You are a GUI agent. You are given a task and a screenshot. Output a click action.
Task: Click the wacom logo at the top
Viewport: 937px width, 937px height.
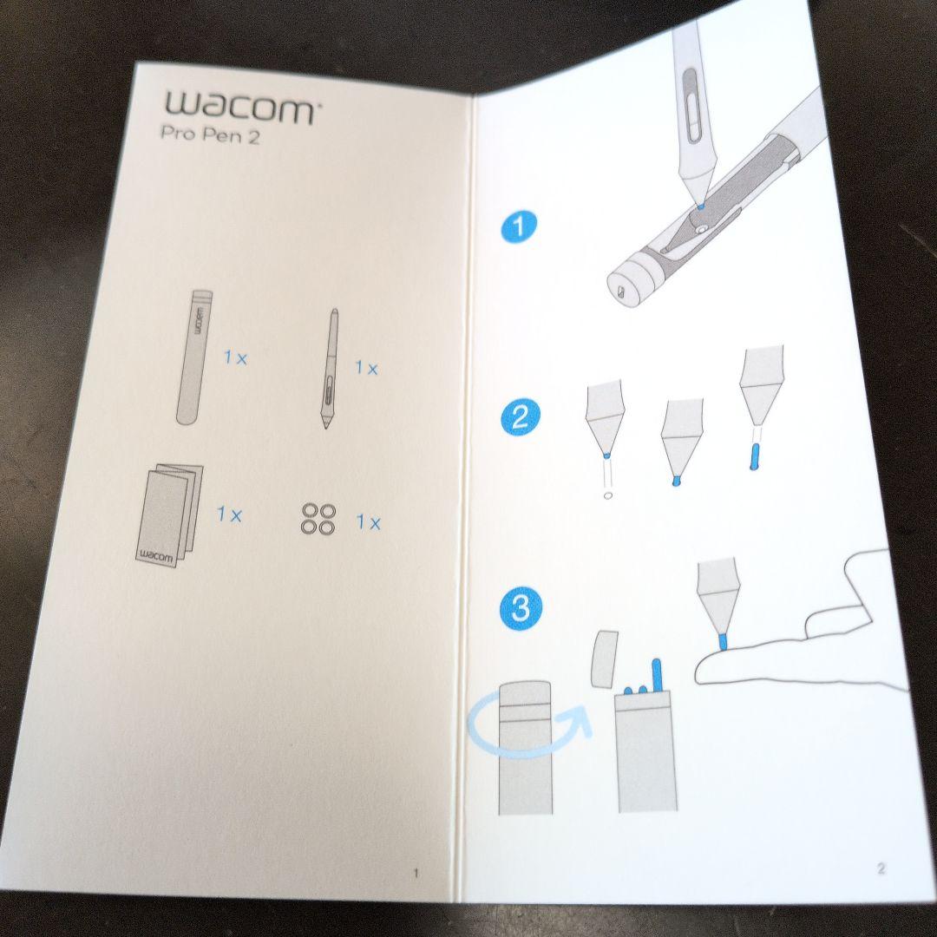(x=240, y=108)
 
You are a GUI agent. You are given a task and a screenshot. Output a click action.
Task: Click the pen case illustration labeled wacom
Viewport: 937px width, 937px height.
(x=196, y=357)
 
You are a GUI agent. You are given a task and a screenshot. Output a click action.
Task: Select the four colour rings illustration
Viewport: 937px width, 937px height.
(x=318, y=519)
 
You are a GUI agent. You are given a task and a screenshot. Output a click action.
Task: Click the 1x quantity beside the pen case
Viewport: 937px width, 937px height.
(x=235, y=357)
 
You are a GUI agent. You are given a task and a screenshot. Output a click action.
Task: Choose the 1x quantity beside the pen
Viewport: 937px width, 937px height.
(x=366, y=368)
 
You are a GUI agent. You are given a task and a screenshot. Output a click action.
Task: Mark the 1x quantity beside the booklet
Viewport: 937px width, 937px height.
(x=229, y=514)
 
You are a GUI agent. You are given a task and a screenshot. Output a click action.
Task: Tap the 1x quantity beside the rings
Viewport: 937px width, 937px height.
(x=368, y=523)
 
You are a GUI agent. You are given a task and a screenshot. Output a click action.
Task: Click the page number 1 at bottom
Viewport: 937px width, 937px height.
(x=416, y=873)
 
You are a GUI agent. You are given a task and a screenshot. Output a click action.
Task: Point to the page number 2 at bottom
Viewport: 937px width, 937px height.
(x=881, y=867)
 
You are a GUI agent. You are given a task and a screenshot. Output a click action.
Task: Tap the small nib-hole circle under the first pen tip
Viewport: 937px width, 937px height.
(x=607, y=495)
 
